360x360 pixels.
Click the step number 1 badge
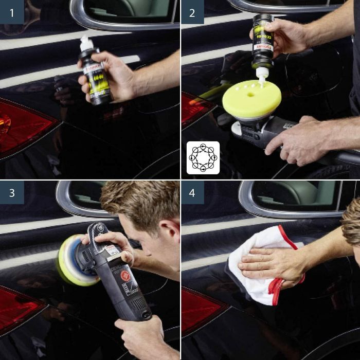pyautogui.click(x=12, y=12)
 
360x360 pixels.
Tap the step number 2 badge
pyautogui.click(x=192, y=12)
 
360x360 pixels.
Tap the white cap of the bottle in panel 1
pyautogui.click(x=86, y=43)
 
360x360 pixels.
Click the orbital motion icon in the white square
pyautogui.click(x=203, y=158)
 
